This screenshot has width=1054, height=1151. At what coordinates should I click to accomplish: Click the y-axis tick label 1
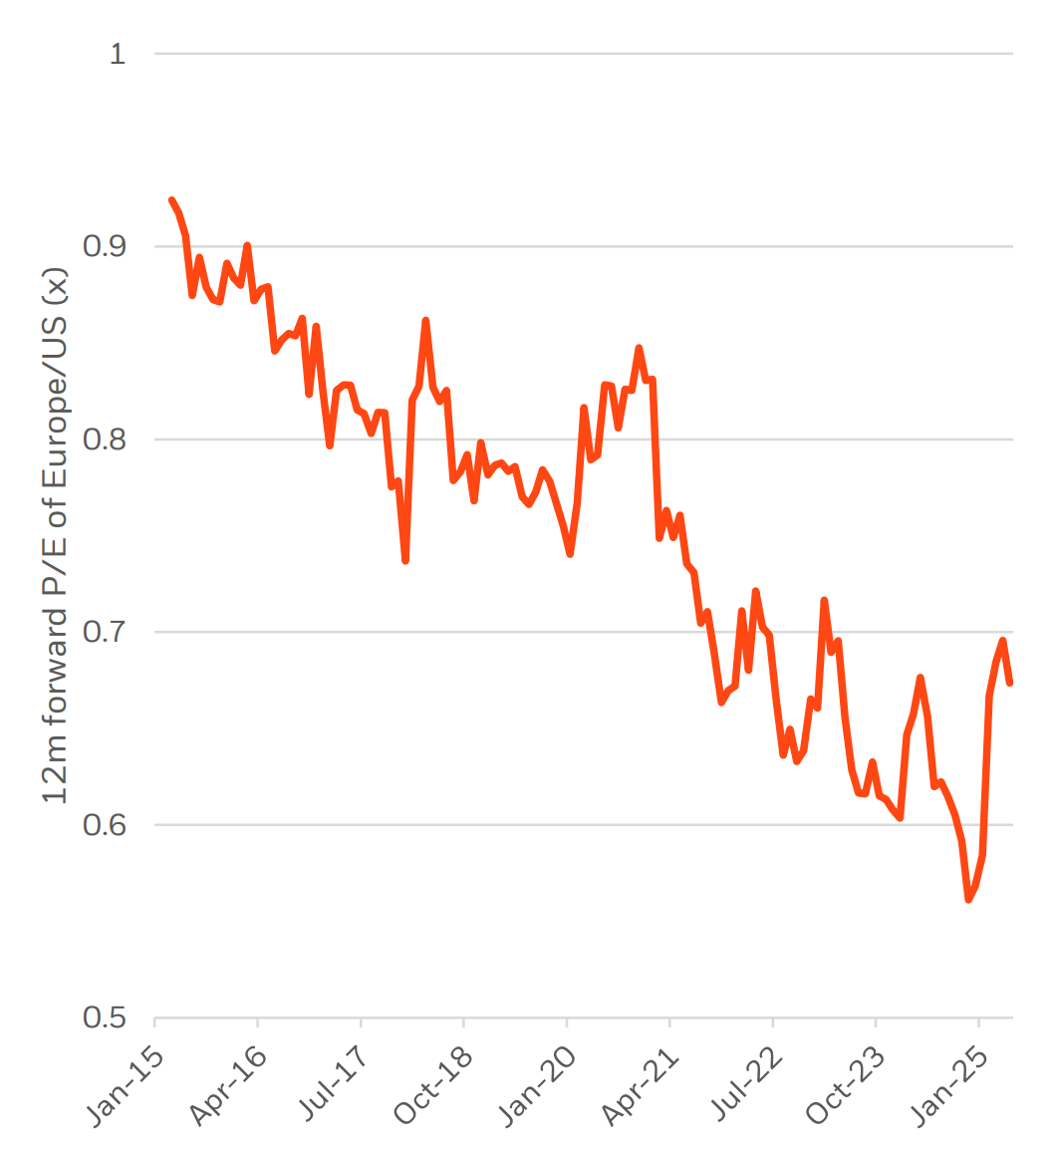coord(118,54)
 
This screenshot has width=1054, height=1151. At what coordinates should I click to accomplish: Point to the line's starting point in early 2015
coord(172,200)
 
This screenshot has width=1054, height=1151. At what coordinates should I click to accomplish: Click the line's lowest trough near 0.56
coord(968,900)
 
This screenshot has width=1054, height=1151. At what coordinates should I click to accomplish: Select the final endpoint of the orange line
coord(1010,683)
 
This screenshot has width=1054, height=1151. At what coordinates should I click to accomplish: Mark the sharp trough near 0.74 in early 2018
coord(405,561)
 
